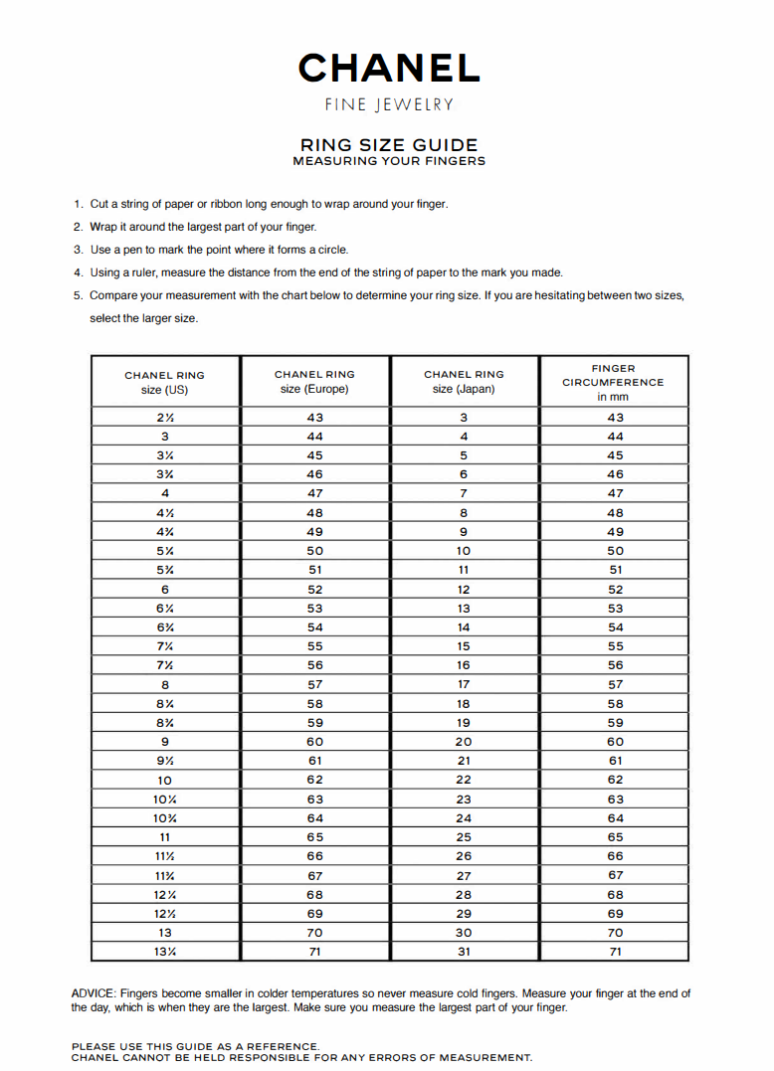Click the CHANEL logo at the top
point(388,68)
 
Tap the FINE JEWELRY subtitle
point(389,104)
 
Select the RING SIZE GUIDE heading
point(389,145)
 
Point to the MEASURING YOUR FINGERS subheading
point(389,161)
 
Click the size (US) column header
point(164,382)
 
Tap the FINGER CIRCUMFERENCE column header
point(613,382)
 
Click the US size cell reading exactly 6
point(164,589)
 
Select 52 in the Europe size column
point(314,589)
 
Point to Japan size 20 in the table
point(464,742)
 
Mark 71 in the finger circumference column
point(615,952)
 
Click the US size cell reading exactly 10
point(164,780)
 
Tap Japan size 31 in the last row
point(464,952)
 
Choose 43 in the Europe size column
point(314,418)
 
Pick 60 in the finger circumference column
point(615,742)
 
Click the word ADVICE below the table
point(93,993)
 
